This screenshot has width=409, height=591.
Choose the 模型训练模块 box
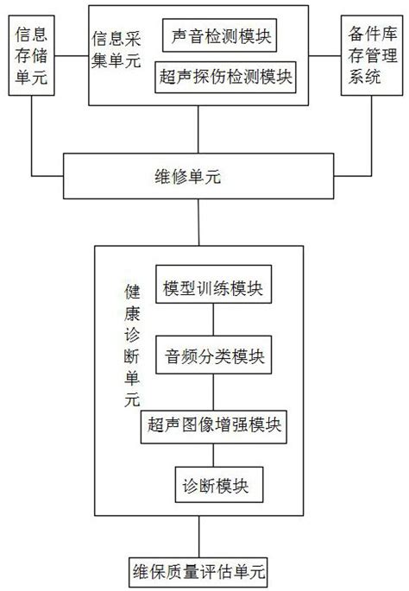214,287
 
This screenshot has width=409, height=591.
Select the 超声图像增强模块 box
213,424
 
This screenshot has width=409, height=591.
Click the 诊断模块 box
212,485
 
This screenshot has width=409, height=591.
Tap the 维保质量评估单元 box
199,571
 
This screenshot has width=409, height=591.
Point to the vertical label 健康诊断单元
131,345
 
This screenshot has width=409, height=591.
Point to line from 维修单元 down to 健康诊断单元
199,224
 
